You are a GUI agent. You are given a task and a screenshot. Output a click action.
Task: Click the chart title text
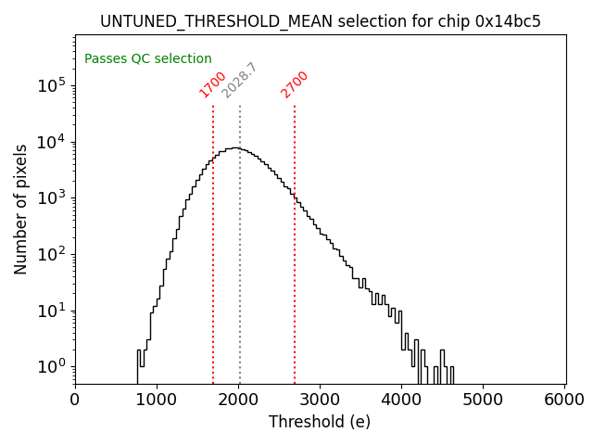pos(320,20)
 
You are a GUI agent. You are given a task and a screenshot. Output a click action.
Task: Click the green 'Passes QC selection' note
pos(148,58)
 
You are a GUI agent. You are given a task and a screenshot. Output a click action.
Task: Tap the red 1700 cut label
pos(213,84)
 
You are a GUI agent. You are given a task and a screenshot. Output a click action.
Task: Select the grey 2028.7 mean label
pos(239,81)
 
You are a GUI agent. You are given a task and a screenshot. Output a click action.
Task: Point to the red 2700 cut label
pos(295,84)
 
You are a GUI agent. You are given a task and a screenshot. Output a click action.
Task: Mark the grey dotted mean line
pos(240,278)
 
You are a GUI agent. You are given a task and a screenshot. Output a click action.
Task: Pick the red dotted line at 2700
pos(295,278)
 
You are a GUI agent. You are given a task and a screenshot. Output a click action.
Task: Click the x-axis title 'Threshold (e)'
pos(320,422)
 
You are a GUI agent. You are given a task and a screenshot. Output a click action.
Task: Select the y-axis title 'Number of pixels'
pos(20,209)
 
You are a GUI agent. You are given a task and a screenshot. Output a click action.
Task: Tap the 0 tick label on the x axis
pos(75,400)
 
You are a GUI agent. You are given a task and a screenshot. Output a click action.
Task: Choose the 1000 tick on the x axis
pos(157,400)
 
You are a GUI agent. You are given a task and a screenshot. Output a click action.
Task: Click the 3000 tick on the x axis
pos(321,400)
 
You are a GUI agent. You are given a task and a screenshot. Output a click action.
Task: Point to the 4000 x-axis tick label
pos(402,400)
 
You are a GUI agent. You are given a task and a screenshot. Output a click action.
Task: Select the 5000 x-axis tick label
pos(484,400)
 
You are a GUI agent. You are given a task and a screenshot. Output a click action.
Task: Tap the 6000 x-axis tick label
pos(565,400)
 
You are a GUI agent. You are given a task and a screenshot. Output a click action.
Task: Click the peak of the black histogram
pos(236,147)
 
